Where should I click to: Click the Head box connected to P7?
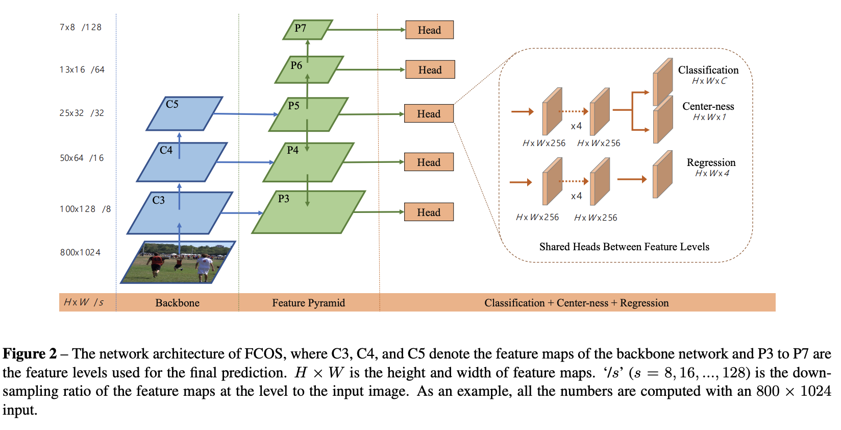click(x=429, y=30)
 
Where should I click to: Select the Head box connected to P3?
click(x=429, y=212)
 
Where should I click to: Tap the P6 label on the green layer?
click(x=296, y=65)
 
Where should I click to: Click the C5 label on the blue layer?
click(x=172, y=104)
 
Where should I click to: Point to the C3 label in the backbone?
click(x=159, y=200)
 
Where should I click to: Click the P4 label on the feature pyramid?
click(x=293, y=150)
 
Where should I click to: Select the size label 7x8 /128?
click(x=81, y=27)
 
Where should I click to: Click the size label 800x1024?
click(x=80, y=252)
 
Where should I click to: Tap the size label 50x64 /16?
click(x=82, y=158)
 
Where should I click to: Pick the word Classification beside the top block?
click(x=708, y=70)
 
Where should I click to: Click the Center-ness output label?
click(x=708, y=106)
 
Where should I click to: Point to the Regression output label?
click(x=711, y=162)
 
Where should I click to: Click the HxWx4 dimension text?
click(x=712, y=174)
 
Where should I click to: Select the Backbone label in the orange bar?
click(x=177, y=303)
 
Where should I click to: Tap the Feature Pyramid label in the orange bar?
click(x=308, y=303)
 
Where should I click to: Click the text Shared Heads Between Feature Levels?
click(x=624, y=247)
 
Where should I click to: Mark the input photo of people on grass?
click(x=178, y=262)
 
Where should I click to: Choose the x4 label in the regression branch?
click(x=576, y=196)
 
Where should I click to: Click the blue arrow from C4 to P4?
click(x=245, y=162)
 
